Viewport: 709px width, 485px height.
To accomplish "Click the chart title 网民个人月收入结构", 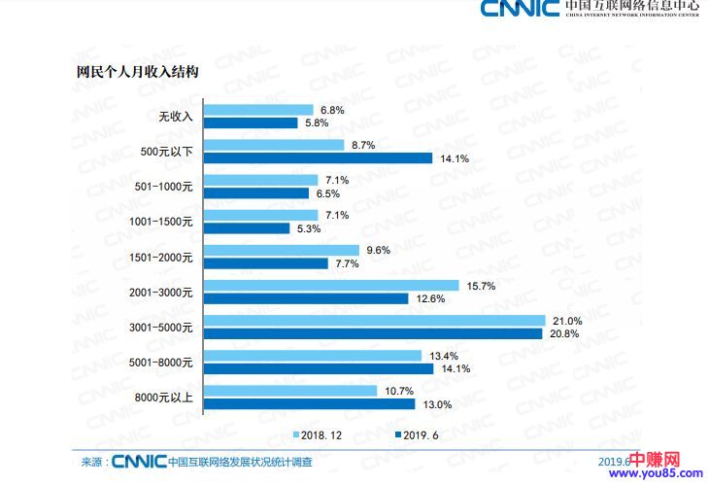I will coord(138,71).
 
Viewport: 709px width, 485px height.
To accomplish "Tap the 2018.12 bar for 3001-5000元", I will coord(375,321).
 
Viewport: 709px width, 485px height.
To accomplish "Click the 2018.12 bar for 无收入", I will coord(258,110).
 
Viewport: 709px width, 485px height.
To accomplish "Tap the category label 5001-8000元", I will coord(161,362).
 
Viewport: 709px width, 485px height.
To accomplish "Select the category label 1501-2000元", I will coord(161,257).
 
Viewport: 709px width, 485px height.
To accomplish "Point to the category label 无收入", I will coord(177,117).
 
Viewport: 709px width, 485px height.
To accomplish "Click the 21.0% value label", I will coord(567,321).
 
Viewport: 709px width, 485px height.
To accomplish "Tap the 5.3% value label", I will coord(308,228).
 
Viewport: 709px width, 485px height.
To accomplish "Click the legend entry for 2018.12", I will coord(319,434).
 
